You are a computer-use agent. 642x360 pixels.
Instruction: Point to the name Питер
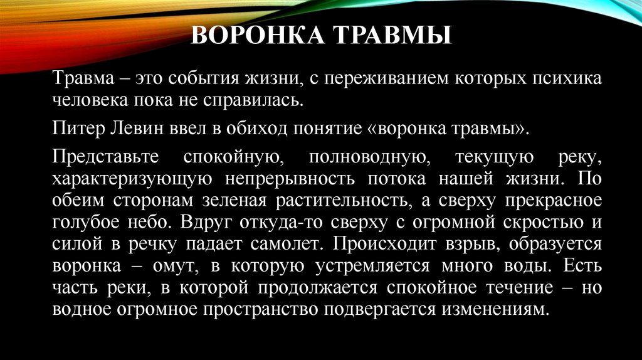[74, 130]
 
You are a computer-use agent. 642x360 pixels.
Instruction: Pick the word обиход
[236, 130]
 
